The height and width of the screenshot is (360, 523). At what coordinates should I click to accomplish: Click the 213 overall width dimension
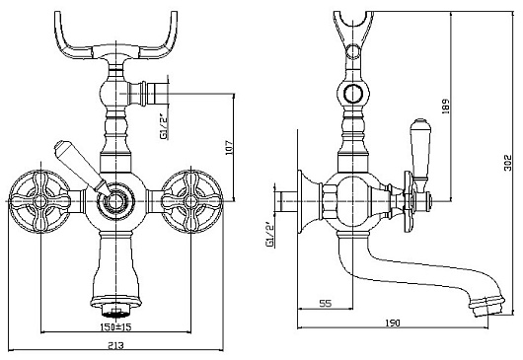tap(115, 345)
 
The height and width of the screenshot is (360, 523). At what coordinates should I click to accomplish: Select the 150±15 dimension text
tap(115, 326)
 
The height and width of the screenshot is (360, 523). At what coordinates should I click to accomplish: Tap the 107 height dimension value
tap(229, 147)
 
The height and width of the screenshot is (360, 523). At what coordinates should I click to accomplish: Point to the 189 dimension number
tap(446, 107)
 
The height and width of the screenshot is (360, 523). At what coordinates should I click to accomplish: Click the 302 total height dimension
tap(507, 163)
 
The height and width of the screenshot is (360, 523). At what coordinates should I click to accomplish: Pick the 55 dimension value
tap(326, 304)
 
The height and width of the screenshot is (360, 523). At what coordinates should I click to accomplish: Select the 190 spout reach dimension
tap(393, 323)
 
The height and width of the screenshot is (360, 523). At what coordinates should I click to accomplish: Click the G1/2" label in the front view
tap(164, 125)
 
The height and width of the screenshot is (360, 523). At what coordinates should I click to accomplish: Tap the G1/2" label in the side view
tap(269, 235)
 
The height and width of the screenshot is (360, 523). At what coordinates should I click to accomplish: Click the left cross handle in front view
tap(40, 201)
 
